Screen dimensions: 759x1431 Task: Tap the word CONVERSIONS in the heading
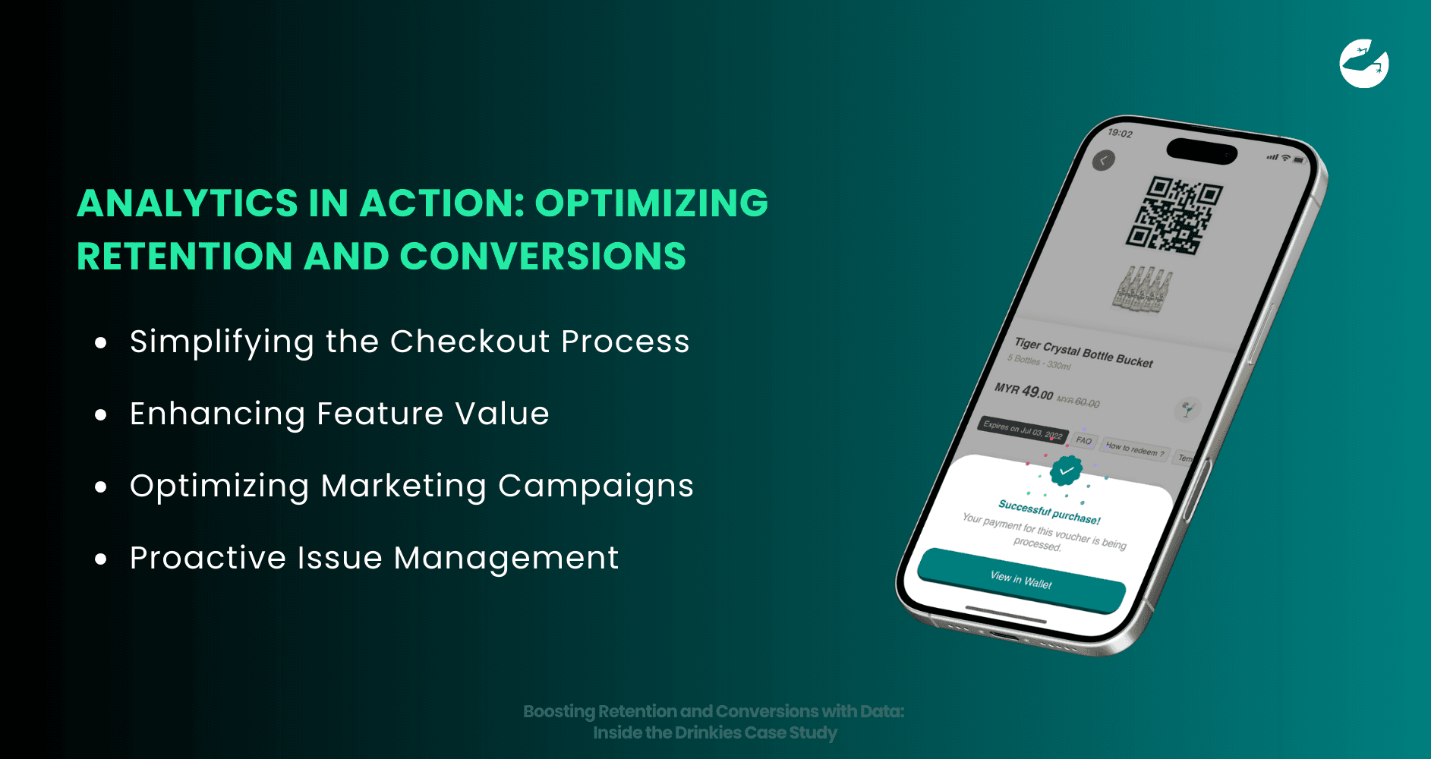pos(543,257)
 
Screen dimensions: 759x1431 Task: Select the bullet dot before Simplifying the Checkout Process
pos(101,343)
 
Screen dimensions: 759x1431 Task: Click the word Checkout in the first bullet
pos(470,342)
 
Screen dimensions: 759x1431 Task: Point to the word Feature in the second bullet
pos(380,414)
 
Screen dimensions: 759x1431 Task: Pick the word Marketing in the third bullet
pos(403,486)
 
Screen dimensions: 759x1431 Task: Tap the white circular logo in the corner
pos(1363,64)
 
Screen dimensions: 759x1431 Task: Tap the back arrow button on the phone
pos(1103,160)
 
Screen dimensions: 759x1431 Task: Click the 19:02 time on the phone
pos(1120,134)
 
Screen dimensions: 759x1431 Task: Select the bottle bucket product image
pos(1143,289)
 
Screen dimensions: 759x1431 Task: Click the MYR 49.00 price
pos(1023,391)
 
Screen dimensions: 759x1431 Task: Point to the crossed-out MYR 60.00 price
pos(1078,401)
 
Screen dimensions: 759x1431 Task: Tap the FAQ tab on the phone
pos(1083,440)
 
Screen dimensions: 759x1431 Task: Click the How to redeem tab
pos(1134,449)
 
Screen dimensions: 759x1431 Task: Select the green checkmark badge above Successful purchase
pos(1066,471)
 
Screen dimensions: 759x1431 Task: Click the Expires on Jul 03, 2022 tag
pos(1022,430)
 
